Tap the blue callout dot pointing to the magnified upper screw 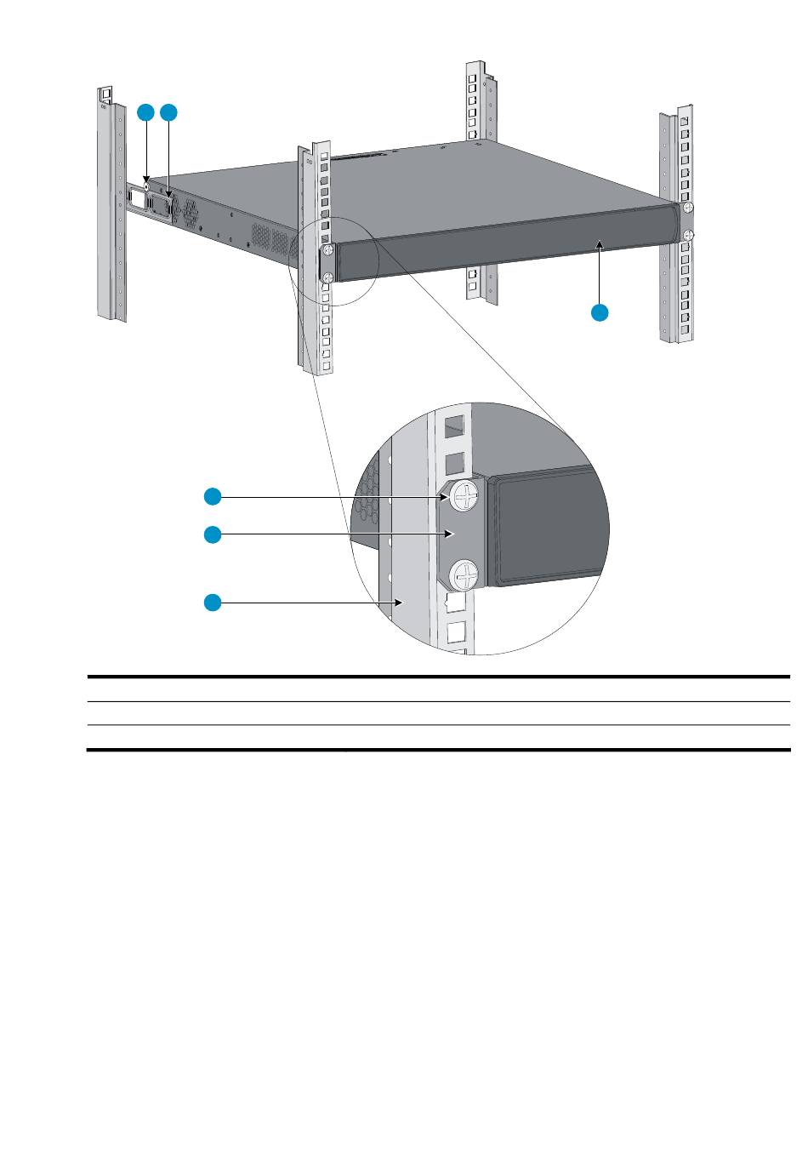[x=213, y=495]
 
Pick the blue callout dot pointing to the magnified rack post [x=213, y=603]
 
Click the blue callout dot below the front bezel [x=600, y=312]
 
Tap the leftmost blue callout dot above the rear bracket [x=146, y=112]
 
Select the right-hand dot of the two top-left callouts [x=169, y=112]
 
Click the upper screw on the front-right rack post [x=688, y=207]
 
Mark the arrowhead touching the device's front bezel [x=600, y=244]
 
